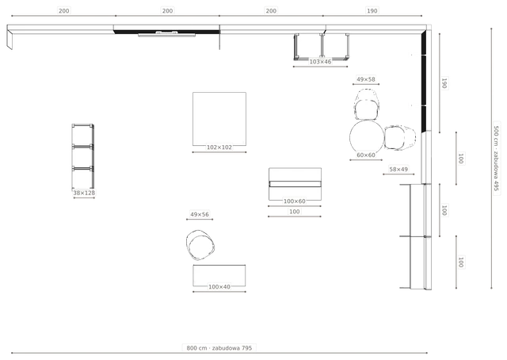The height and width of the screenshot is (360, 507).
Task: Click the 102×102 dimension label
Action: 219,147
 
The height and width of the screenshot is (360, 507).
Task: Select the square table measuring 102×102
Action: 219,119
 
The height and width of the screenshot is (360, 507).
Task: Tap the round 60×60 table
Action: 367,137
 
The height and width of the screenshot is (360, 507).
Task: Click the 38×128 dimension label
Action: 84,193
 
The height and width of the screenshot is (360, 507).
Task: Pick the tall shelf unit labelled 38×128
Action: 82,156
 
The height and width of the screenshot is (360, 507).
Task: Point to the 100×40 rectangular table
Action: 219,275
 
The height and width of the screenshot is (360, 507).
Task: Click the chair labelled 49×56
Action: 200,245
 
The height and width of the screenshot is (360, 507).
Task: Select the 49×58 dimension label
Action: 366,79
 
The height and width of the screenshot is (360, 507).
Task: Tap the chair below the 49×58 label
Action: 367,104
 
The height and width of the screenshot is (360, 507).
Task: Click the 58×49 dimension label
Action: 398,170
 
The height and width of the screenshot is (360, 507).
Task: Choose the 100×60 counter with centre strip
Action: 295,184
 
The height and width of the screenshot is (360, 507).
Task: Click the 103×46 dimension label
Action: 320,62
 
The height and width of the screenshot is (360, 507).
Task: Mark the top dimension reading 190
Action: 372,10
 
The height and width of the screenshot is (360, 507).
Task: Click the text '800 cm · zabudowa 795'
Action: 219,348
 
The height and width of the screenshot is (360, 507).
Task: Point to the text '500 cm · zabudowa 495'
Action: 496,159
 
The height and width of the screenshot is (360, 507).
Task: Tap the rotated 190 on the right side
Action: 444,83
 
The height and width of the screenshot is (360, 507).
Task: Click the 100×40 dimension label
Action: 219,287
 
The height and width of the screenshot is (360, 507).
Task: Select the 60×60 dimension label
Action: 366,155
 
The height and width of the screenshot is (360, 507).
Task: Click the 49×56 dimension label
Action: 200,214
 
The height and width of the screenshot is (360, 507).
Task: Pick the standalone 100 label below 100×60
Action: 294,212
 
